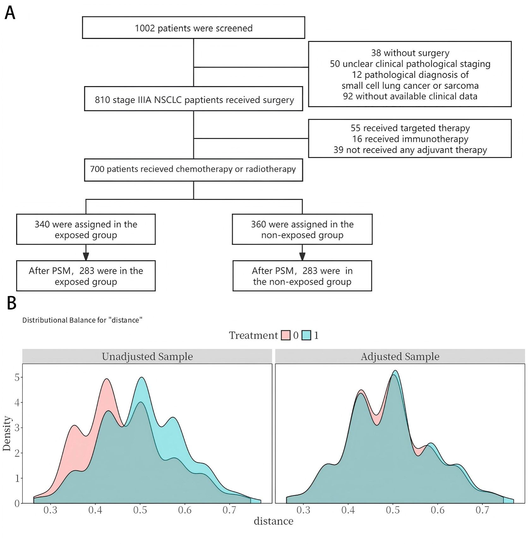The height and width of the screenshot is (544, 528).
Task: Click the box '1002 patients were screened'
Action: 193,28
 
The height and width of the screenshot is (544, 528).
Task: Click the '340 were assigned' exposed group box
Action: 86,229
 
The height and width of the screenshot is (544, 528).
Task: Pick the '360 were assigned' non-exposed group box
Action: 302,229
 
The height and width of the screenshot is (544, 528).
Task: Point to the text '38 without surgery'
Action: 410,53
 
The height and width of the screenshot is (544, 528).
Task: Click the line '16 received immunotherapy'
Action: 410,139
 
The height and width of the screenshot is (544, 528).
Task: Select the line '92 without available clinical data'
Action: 410,96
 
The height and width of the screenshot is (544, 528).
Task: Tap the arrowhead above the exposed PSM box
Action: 86,256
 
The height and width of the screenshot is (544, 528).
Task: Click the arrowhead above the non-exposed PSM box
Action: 302,256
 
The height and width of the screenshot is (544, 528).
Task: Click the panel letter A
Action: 10,13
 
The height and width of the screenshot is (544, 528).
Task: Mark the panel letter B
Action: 11,303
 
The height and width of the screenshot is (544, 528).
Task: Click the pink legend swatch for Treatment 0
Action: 285,335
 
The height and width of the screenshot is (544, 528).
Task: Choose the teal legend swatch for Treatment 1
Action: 306,335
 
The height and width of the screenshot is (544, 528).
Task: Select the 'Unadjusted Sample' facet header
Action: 147,356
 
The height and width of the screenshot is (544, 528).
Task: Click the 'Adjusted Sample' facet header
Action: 400,356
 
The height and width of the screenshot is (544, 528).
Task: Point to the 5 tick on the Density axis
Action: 17,378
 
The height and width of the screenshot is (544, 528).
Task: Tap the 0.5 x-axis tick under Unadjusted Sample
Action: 140,510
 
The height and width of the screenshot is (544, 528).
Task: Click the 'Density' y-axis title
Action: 7,433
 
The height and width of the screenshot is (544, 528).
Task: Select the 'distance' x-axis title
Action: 273,521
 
